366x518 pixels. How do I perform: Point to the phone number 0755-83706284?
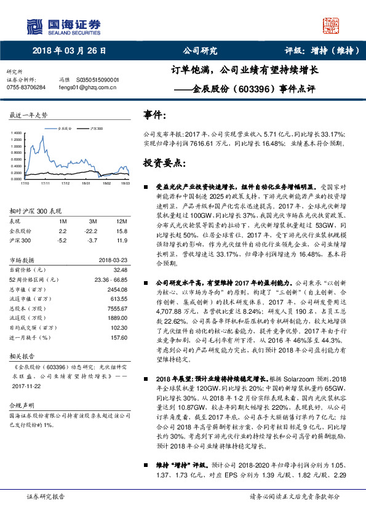(25, 88)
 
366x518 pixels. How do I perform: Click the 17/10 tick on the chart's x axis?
(25, 183)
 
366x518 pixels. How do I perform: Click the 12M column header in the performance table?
(121, 221)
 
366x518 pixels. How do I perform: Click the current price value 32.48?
(120, 269)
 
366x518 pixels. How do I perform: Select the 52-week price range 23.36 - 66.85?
(111, 279)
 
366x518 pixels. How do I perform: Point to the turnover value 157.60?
(117, 338)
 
